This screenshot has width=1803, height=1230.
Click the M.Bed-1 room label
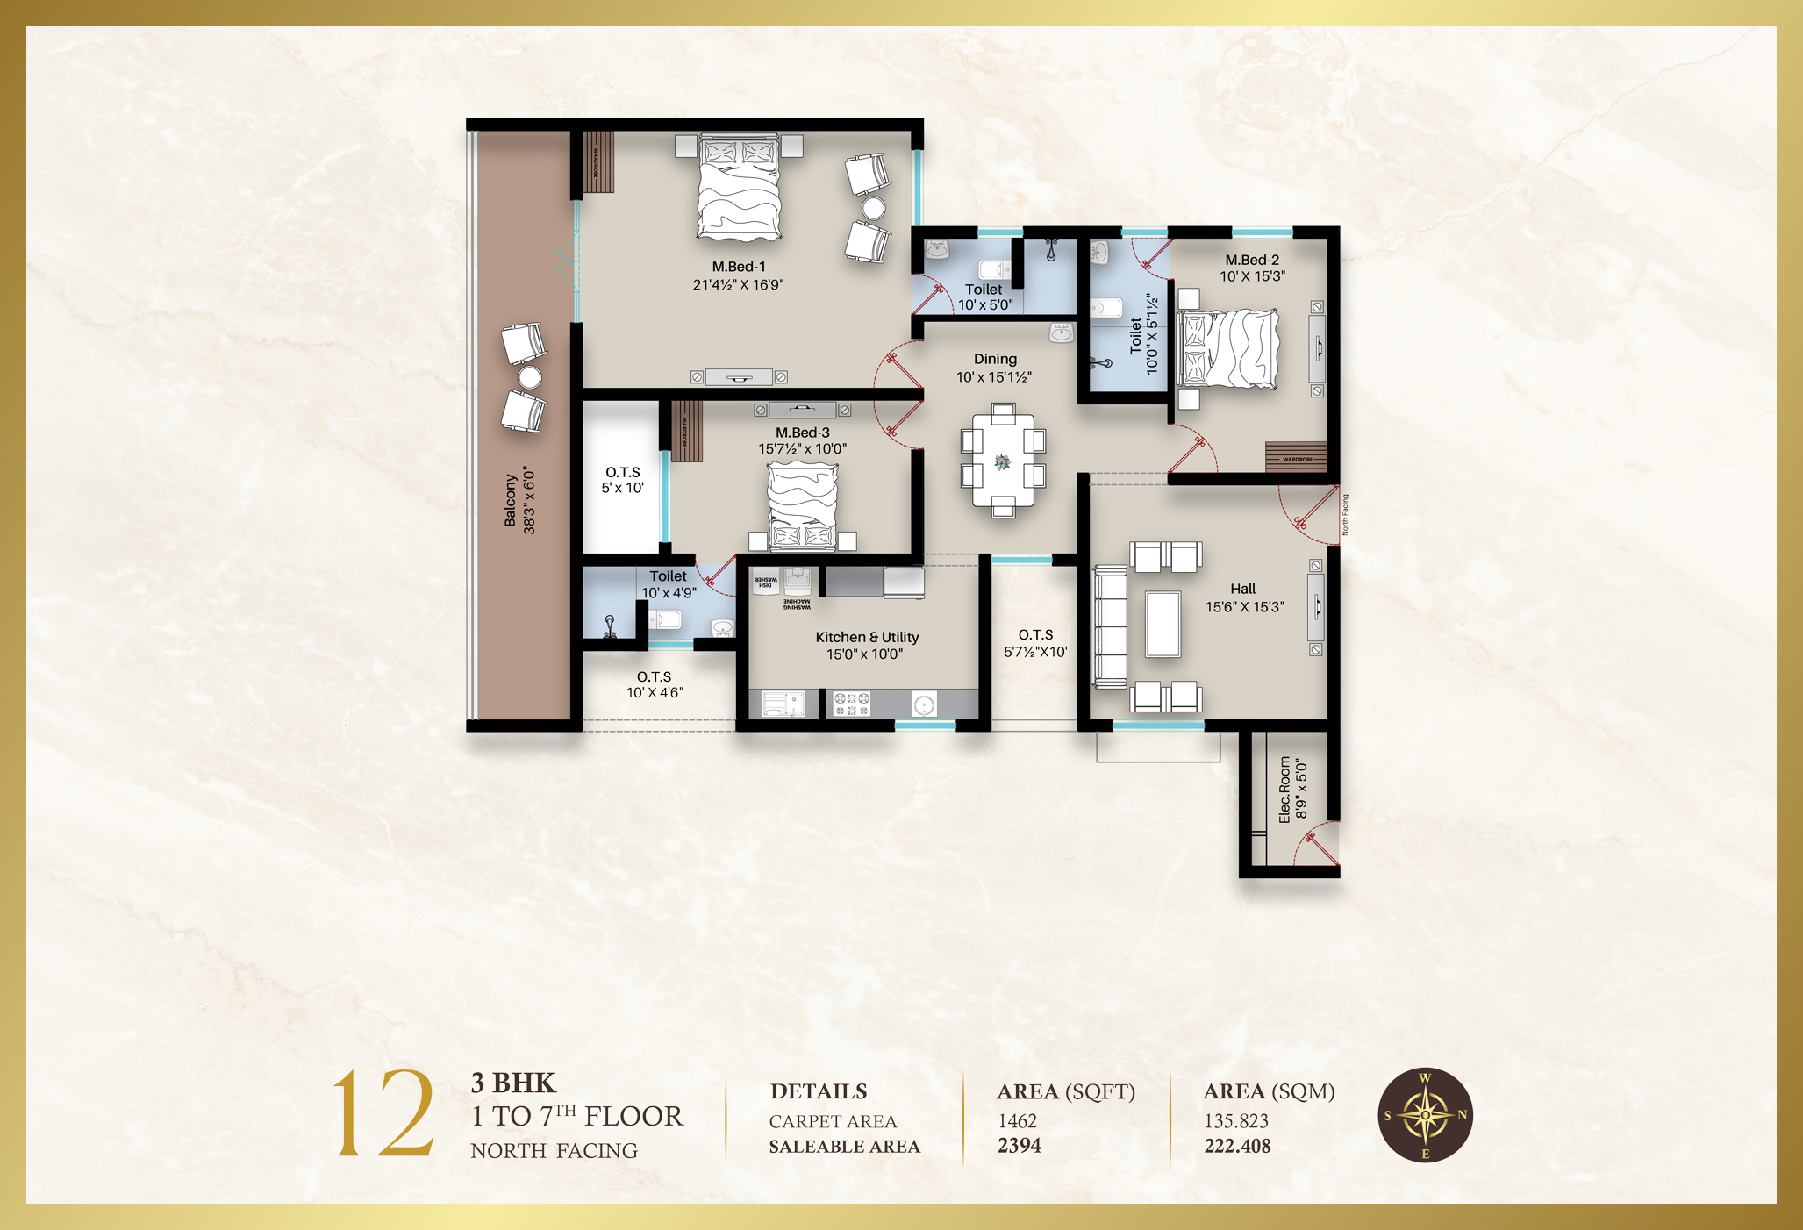coord(738,267)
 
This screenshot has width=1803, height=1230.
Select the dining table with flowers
coord(1003,461)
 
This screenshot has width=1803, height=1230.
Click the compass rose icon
coord(1425,1115)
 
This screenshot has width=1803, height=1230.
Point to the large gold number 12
coord(383,1113)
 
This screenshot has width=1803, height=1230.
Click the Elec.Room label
coord(1285,790)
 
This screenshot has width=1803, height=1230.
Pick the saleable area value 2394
coord(1020,1146)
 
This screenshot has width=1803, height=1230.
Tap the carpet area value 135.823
coord(1235,1121)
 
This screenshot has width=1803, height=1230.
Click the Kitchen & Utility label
coord(867,638)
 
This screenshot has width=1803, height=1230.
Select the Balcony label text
coord(510,501)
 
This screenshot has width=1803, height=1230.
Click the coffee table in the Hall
coord(1163,624)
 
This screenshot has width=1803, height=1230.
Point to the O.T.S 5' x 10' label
coord(622,480)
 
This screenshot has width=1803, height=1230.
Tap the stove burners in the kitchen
coord(851,703)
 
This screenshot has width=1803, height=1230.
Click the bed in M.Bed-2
coord(1228,348)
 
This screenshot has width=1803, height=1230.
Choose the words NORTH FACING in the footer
coord(554,1151)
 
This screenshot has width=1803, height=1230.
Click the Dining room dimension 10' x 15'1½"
coord(994,378)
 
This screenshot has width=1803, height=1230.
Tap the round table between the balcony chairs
coord(529,377)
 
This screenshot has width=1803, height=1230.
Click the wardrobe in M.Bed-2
coord(1296,456)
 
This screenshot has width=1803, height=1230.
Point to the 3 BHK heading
coord(513,1083)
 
